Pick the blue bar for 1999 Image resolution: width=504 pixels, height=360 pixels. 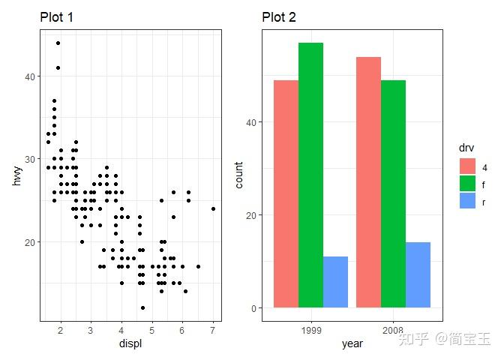tap(335, 282)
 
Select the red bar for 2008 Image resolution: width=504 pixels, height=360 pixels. tap(368, 182)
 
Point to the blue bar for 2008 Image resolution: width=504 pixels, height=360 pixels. tap(418, 274)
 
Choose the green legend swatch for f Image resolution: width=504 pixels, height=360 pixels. tap(468, 184)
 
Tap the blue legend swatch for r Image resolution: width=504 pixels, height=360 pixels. tap(468, 201)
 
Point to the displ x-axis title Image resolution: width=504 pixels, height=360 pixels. tap(130, 344)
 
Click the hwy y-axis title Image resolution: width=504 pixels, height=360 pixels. tap(16, 175)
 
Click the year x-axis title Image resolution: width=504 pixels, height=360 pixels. tap(352, 344)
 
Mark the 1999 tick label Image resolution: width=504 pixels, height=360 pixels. tap(310, 330)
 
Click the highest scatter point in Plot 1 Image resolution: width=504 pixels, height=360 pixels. tap(58, 43)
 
